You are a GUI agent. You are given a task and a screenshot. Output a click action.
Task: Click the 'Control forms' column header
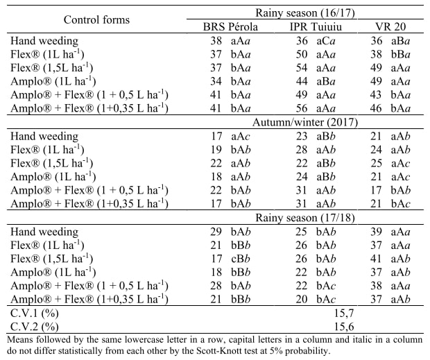click(96, 19)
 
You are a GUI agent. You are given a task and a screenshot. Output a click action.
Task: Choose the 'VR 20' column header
click(390, 27)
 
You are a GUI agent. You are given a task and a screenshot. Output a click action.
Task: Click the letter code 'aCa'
click(327, 41)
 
